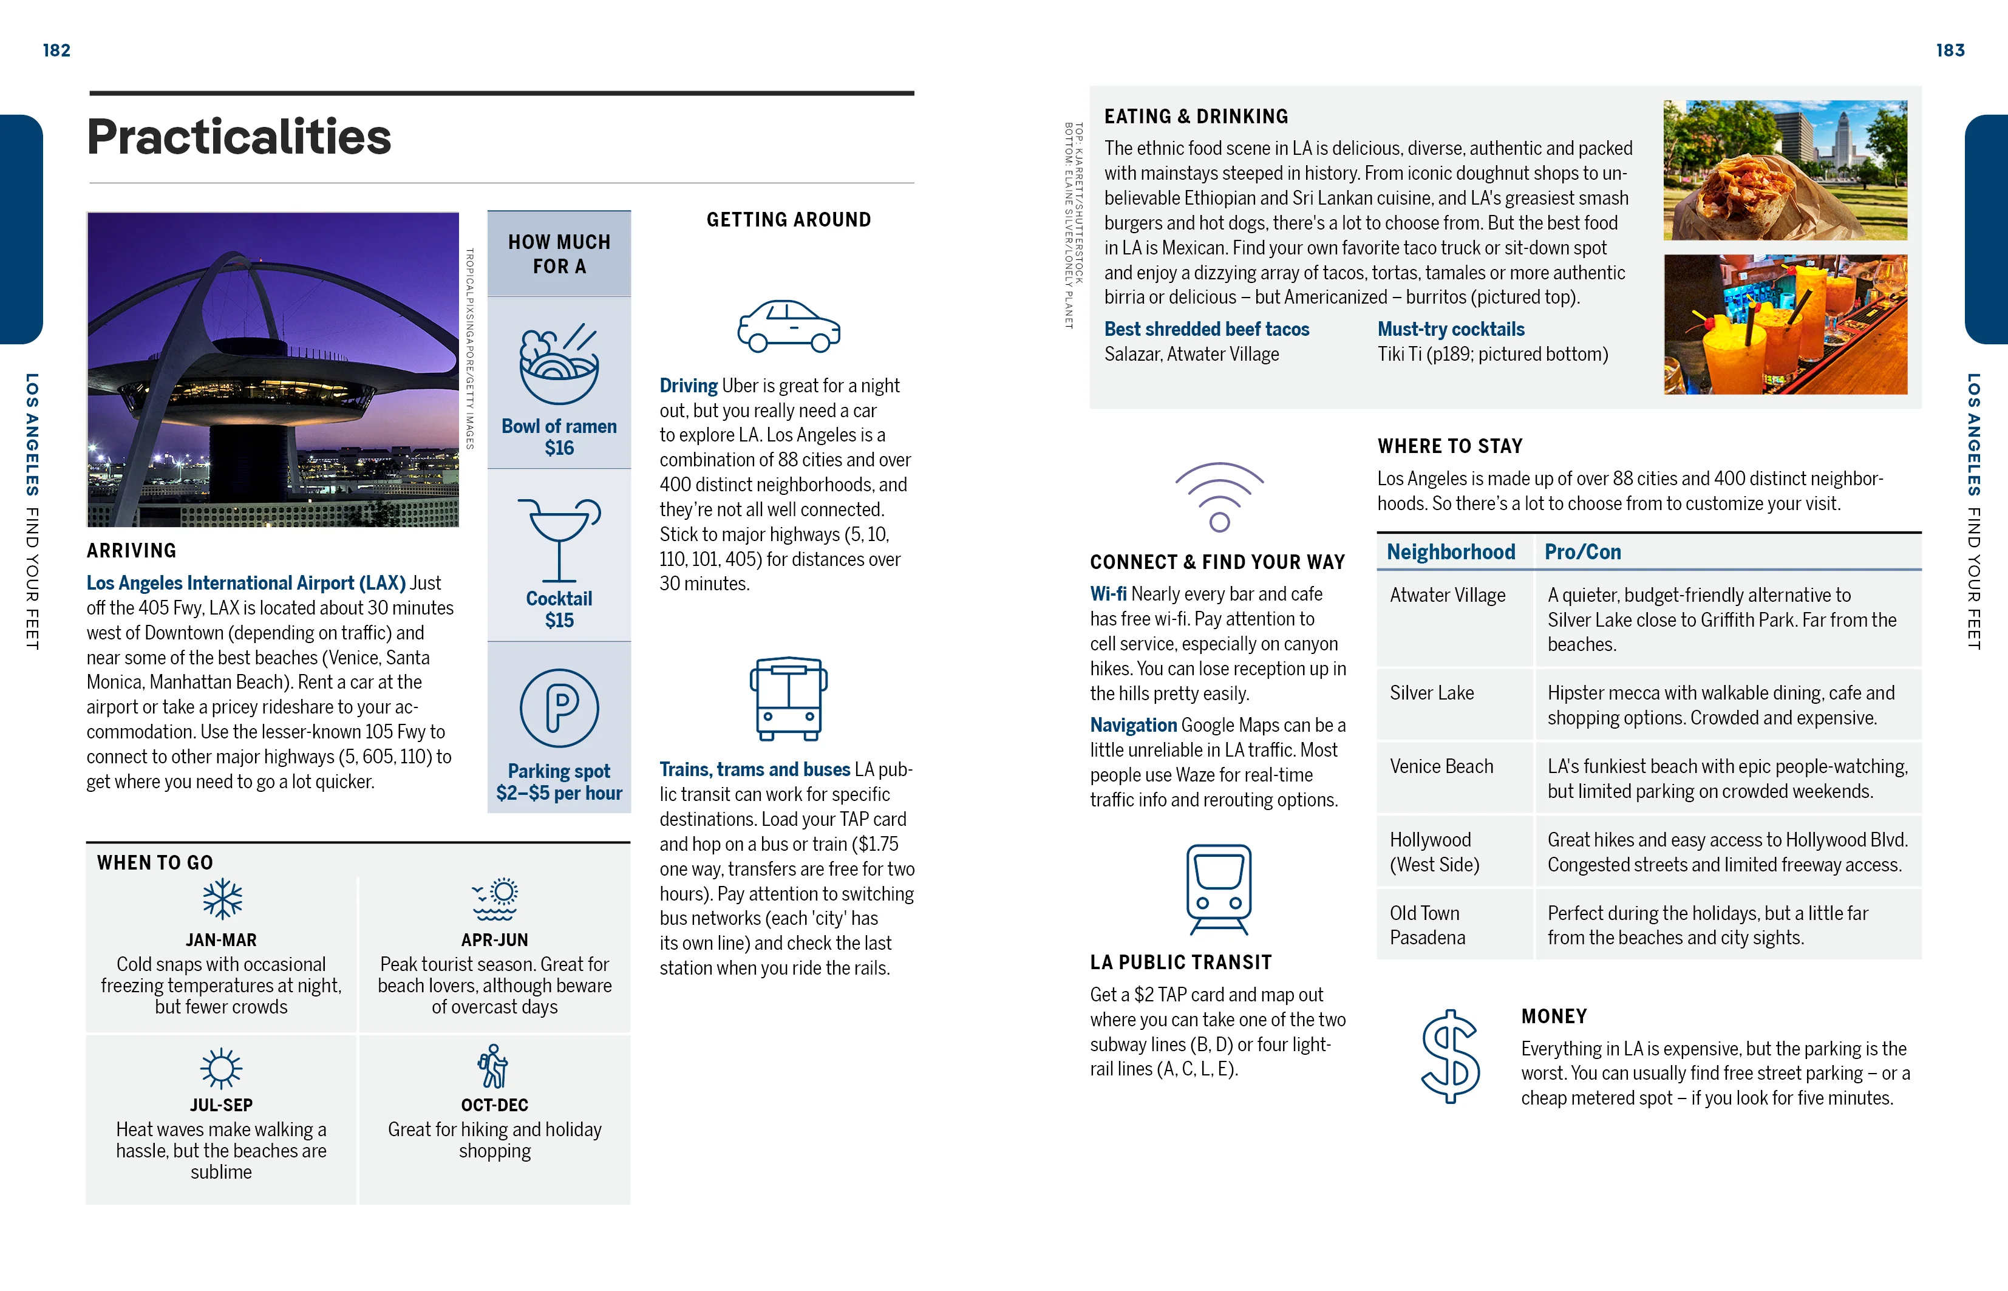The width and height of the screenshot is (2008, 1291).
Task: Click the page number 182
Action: [x=56, y=50]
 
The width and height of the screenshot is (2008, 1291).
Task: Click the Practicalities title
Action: [x=239, y=137]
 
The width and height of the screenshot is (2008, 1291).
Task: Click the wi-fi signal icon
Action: [x=1219, y=496]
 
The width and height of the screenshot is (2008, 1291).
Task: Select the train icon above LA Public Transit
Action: [x=1219, y=888]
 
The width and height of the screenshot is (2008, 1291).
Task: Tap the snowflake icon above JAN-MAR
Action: [x=222, y=899]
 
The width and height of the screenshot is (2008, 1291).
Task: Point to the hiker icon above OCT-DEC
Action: [x=494, y=1066]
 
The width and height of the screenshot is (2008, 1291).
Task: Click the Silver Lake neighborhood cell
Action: [x=1431, y=693]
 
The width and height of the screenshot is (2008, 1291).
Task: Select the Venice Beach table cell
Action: [x=1441, y=766]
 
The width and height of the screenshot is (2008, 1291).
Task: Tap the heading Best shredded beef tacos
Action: [x=1206, y=330]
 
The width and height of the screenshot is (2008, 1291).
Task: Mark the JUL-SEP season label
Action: [x=221, y=1105]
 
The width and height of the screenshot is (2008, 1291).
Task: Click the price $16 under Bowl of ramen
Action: [x=559, y=449]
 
